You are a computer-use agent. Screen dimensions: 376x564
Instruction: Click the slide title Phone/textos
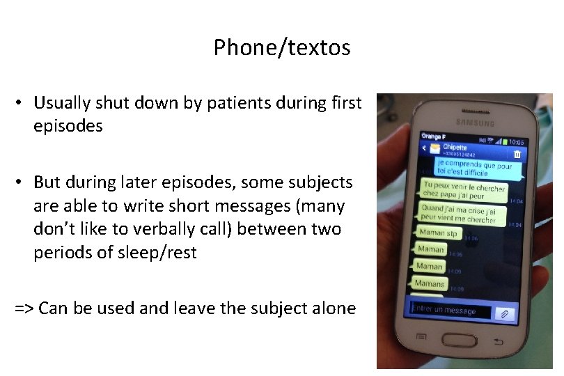(x=282, y=47)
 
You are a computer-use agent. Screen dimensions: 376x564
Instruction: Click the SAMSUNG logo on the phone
(x=476, y=123)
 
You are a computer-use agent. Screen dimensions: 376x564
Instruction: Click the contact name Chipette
(x=455, y=148)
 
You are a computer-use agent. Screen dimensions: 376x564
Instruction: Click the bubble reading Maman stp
(x=439, y=233)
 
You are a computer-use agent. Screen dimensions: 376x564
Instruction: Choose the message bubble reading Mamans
(x=429, y=283)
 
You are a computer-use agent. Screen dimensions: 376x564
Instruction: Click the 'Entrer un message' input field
(x=450, y=311)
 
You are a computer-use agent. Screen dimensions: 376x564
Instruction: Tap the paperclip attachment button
(x=506, y=314)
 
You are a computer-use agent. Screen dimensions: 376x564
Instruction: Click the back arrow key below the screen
(x=497, y=342)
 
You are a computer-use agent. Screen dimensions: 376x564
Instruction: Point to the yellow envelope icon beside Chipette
(x=434, y=148)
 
